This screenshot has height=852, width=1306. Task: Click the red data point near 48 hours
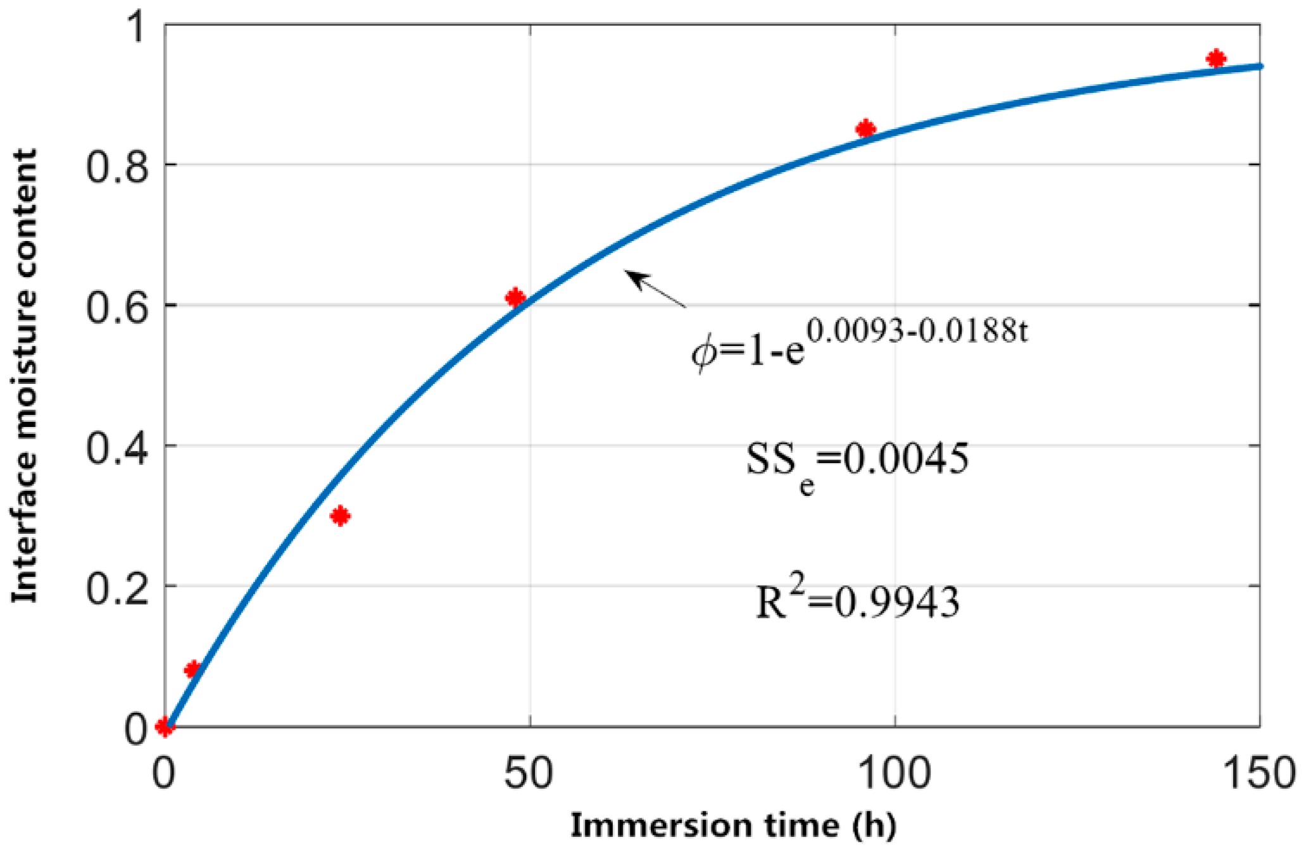(515, 297)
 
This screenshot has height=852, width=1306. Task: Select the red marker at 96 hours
(865, 129)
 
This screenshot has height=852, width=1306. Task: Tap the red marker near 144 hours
(1215, 59)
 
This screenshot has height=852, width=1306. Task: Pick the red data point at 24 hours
(341, 516)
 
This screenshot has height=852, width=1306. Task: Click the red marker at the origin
(165, 726)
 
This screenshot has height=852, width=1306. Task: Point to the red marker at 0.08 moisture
(192, 669)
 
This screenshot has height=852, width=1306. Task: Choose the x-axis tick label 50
(529, 773)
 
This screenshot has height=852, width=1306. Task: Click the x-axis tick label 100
(895, 773)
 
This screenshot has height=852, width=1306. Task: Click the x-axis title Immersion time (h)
(733, 825)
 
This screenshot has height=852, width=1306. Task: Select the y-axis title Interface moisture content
(25, 376)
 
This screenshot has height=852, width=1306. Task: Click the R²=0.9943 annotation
(858, 600)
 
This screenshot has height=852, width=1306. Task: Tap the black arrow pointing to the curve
(656, 288)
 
